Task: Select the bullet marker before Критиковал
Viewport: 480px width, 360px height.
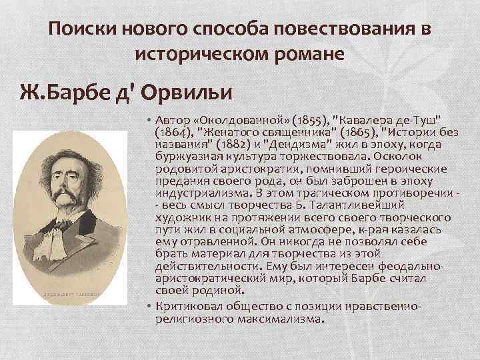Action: (x=149, y=305)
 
